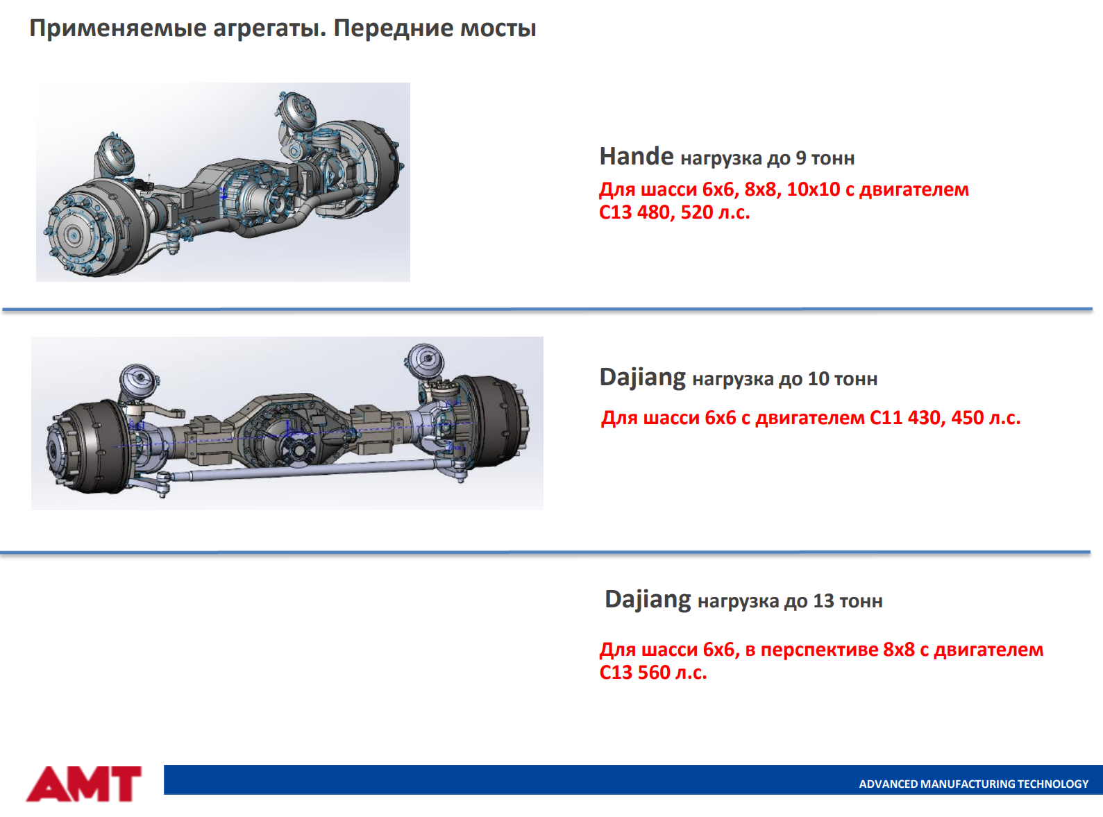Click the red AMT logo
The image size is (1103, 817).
[83, 784]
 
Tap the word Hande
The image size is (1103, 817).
[636, 156]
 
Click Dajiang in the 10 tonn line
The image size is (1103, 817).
[643, 378]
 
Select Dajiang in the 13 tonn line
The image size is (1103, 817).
[648, 600]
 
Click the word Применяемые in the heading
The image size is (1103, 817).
[118, 28]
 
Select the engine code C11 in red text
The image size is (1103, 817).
[886, 417]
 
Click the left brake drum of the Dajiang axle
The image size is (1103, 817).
[90, 446]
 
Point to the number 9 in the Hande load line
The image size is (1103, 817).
[800, 158]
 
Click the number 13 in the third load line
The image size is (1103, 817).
[823, 600]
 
